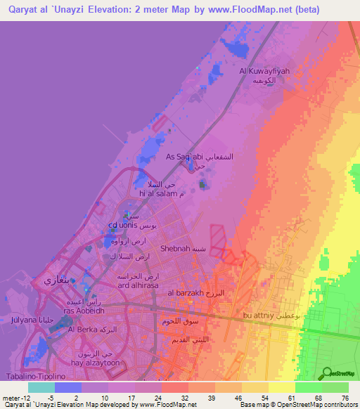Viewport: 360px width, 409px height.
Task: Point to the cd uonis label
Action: (x=122, y=226)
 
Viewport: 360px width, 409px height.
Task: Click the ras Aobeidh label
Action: (x=84, y=311)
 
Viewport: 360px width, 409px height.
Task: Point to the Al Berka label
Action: (x=84, y=329)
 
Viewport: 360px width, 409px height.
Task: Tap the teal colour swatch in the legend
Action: (x=41, y=387)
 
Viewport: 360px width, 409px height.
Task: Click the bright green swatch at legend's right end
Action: (x=335, y=387)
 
